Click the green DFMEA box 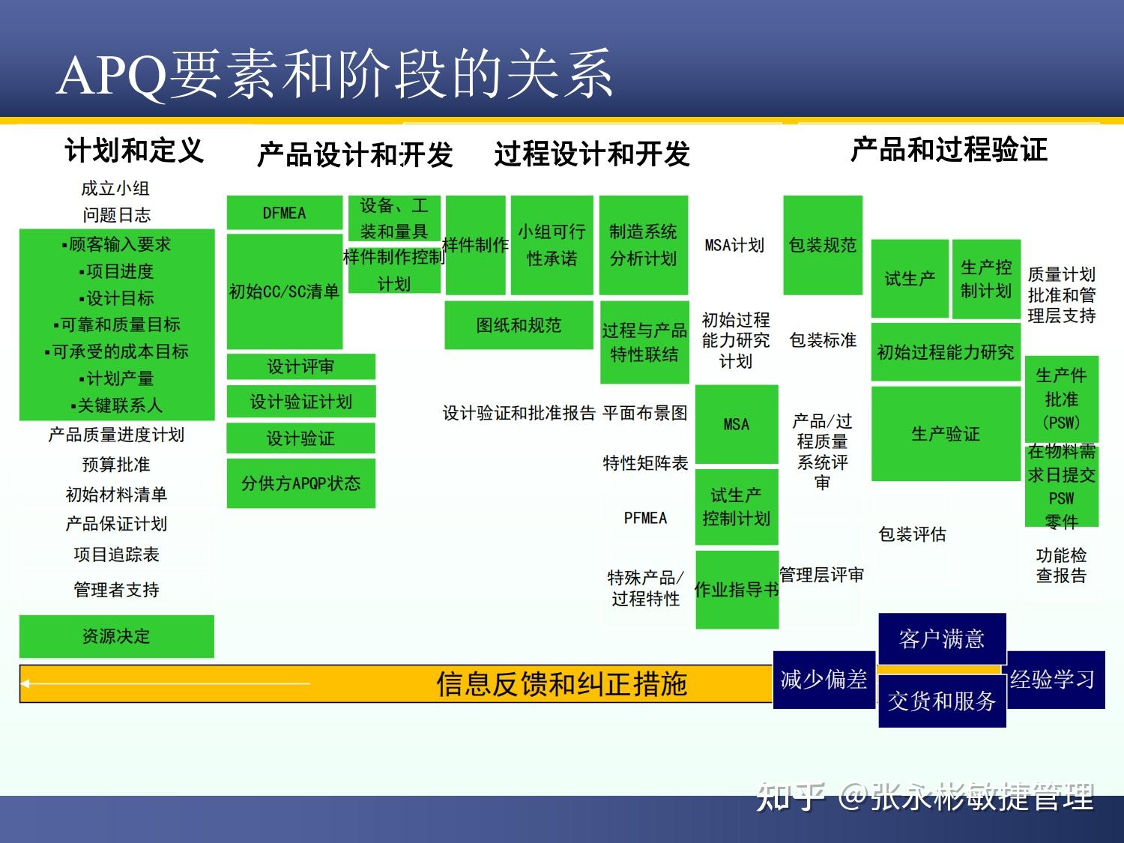[x=284, y=213]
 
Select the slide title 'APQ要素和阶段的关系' [x=334, y=75]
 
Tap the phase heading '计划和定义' [x=134, y=151]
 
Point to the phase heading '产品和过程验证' [x=948, y=149]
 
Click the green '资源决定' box [x=116, y=636]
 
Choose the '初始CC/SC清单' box [x=284, y=291]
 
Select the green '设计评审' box [x=300, y=366]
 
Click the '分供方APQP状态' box [x=300, y=483]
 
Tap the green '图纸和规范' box [x=519, y=325]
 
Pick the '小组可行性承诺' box [x=552, y=245]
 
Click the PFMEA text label [x=645, y=518]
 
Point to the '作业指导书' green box [x=737, y=590]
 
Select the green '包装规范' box [x=823, y=245]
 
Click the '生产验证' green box [x=946, y=434]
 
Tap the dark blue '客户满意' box [x=941, y=639]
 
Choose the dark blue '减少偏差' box [x=824, y=680]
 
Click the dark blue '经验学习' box [x=1054, y=680]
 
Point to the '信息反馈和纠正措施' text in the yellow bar [x=561, y=683]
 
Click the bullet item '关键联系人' [x=117, y=405]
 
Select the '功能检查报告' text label [x=1061, y=565]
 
